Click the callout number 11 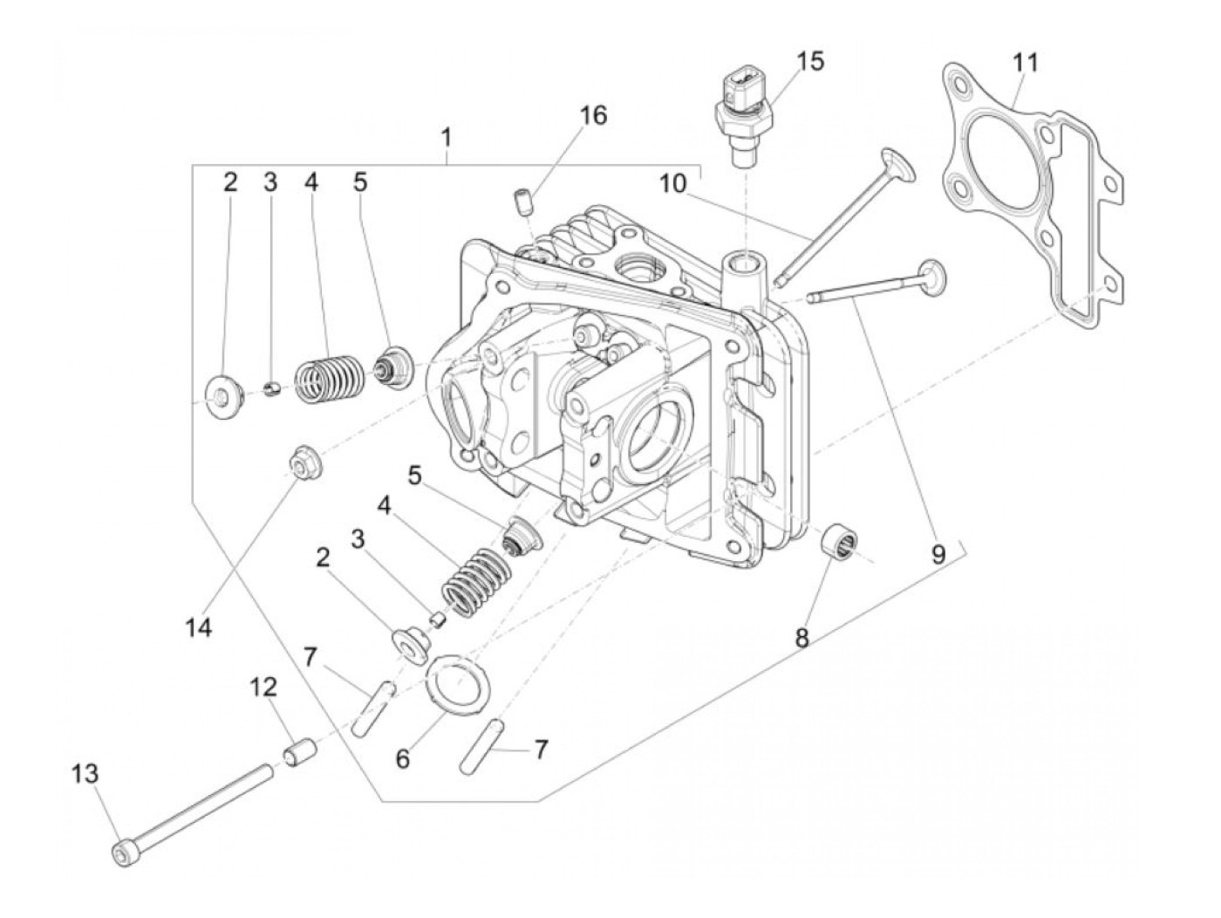click(x=1026, y=63)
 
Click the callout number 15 click(x=809, y=62)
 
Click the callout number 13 click(x=85, y=774)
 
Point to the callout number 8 click(x=801, y=638)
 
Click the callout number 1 click(x=446, y=138)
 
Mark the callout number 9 click(x=938, y=556)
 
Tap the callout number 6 click(x=402, y=758)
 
